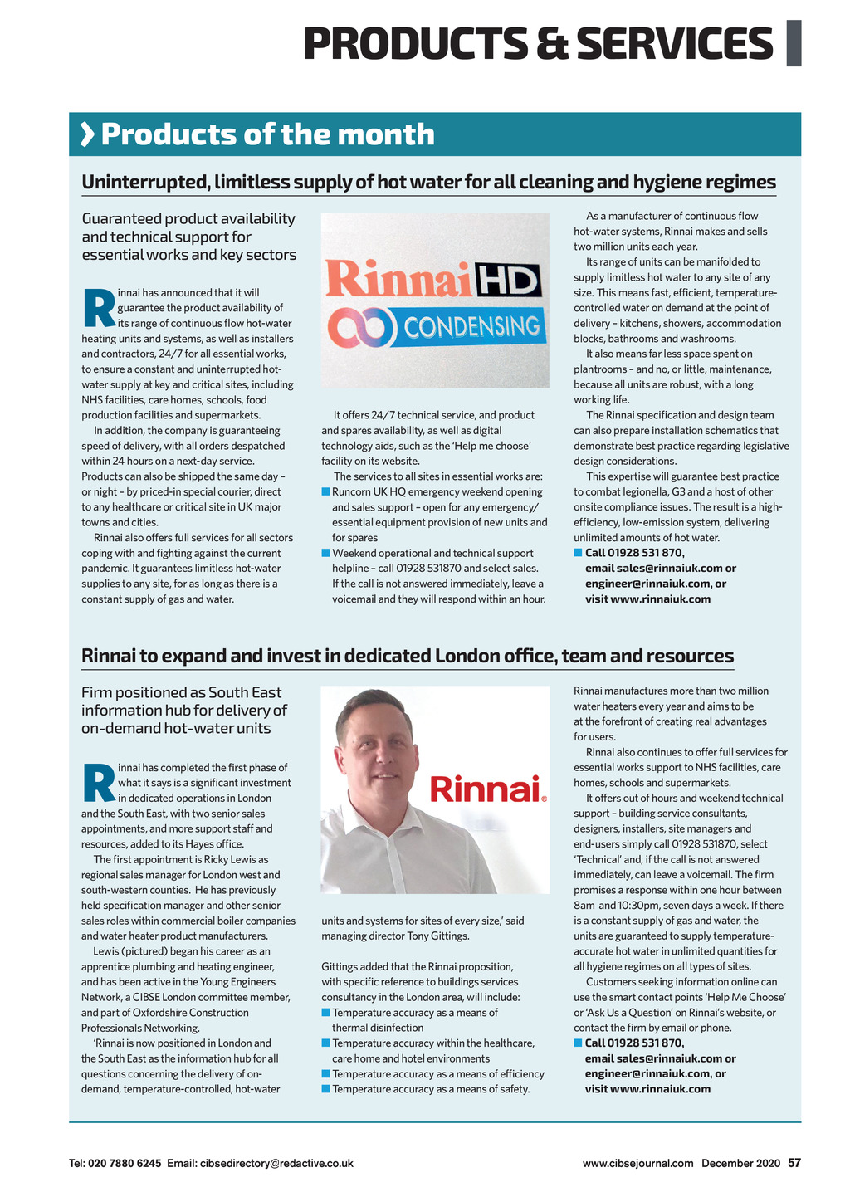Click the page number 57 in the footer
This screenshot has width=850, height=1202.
click(x=794, y=1163)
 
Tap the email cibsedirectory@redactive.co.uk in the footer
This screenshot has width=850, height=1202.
click(x=276, y=1163)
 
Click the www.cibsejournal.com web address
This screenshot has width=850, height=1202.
click(x=637, y=1163)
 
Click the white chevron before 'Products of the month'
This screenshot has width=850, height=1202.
click(x=86, y=134)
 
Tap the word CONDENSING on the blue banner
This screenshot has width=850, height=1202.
click(x=471, y=327)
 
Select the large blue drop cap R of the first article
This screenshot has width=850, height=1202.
click(x=99, y=308)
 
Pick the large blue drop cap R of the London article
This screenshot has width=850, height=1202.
click(x=99, y=783)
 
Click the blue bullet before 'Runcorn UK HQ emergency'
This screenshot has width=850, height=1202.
click(x=325, y=491)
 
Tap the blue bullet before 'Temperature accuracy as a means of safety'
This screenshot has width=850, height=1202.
click(x=325, y=1089)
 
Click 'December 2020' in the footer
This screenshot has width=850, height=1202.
click(x=740, y=1163)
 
